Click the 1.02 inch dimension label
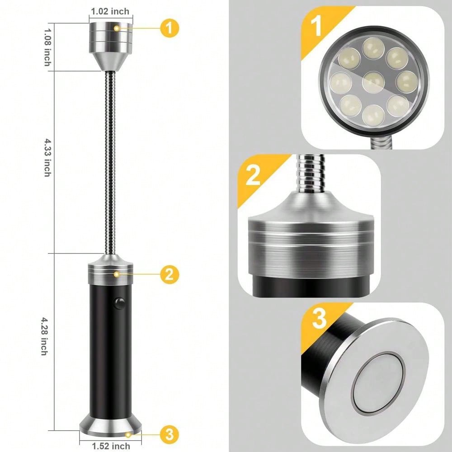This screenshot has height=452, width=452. (110, 12)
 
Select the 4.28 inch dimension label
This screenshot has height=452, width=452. (44, 336)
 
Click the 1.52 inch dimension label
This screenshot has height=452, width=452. (111, 446)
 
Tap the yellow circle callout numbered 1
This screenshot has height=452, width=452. (169, 28)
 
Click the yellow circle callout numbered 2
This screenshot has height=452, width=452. (169, 274)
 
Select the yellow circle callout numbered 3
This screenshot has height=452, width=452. (169, 434)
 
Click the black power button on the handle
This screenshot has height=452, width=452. (120, 303)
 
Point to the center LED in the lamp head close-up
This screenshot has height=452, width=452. (373, 82)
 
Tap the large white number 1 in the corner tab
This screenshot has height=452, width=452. (316, 26)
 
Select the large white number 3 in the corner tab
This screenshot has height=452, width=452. (319, 319)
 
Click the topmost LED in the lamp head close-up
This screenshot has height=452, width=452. (373, 48)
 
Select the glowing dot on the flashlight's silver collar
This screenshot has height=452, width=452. (117, 274)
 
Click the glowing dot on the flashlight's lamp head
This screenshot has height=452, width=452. (117, 28)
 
